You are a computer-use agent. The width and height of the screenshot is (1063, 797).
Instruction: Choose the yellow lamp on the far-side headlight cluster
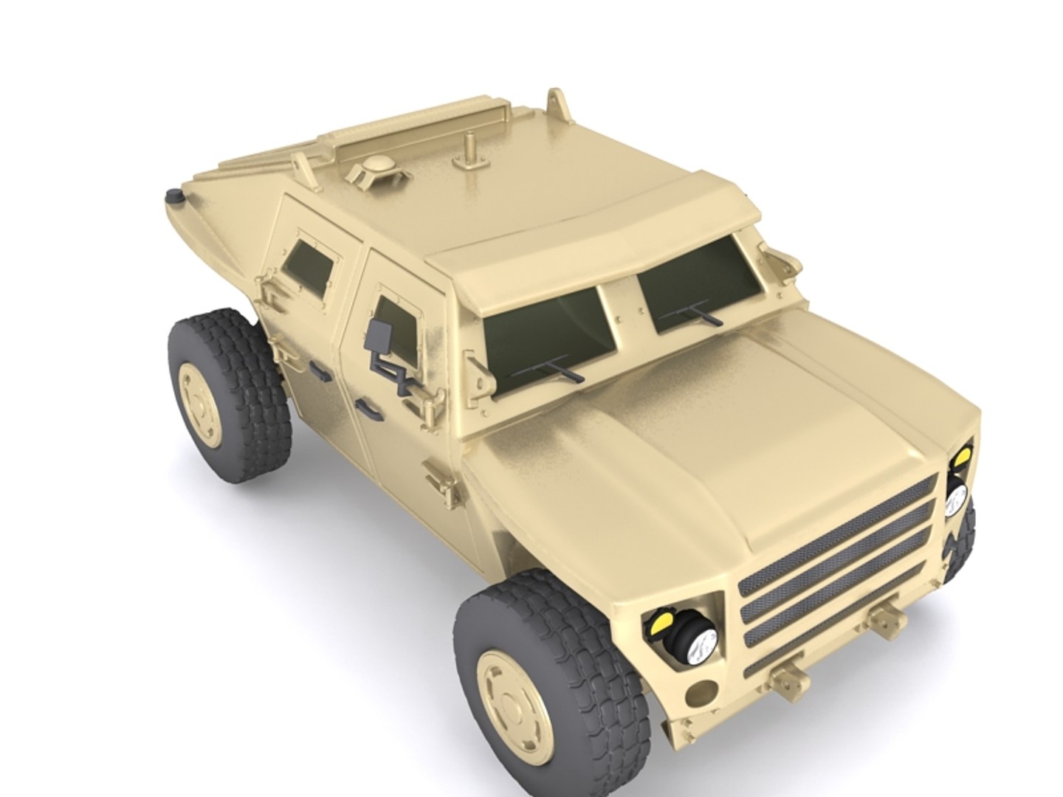coord(961,458)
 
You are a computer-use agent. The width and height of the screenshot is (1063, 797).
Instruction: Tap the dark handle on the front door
coord(365,404)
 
